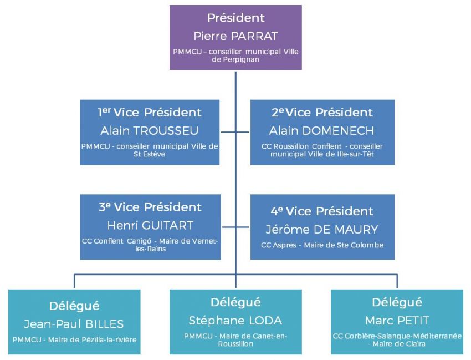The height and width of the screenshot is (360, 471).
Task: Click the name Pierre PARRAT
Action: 235,36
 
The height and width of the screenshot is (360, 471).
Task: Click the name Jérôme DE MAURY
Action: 322,230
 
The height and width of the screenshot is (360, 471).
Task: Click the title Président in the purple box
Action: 235,18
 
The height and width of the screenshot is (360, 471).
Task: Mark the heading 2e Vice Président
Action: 322,113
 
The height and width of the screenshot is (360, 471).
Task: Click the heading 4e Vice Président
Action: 322,211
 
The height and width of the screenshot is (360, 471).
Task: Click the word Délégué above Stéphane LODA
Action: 235,302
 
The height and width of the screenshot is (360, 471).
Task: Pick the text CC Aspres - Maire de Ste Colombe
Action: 322,245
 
